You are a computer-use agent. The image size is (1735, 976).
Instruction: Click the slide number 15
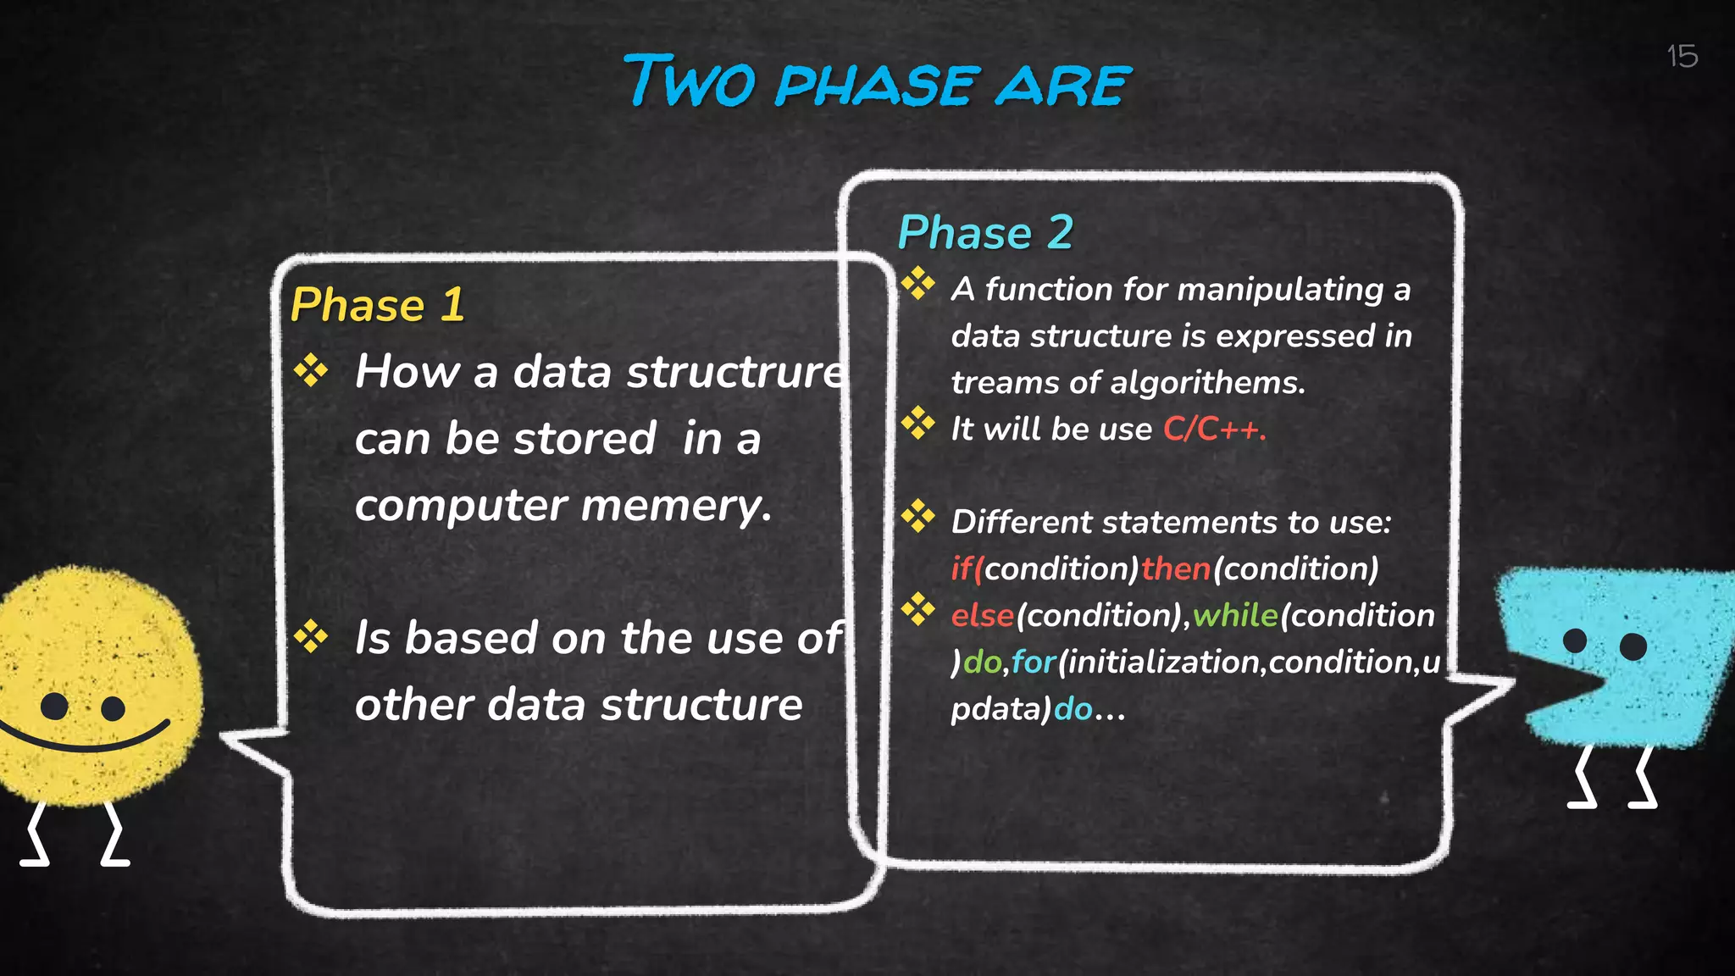[x=1682, y=57]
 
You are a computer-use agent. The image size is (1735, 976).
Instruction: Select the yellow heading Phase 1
[x=377, y=305]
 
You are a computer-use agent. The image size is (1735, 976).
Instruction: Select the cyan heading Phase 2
[x=985, y=233]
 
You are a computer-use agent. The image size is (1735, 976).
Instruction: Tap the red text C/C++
[x=1214, y=430]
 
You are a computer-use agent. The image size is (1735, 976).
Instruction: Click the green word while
[x=1235, y=615]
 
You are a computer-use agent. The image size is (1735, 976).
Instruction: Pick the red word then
[x=1175, y=568]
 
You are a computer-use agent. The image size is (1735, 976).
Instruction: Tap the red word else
[x=982, y=615]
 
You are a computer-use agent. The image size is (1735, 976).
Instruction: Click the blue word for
[x=1034, y=662]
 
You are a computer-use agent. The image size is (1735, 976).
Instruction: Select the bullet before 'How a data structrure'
[x=311, y=370]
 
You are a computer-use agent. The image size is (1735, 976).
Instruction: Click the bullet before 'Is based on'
[x=311, y=636]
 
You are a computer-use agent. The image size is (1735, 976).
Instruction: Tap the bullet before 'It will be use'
[x=917, y=423]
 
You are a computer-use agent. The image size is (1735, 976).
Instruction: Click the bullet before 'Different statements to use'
[x=917, y=516]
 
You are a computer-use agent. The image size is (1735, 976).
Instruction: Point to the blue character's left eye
[x=1574, y=640]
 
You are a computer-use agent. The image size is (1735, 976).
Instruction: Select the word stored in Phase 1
[x=585, y=439]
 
